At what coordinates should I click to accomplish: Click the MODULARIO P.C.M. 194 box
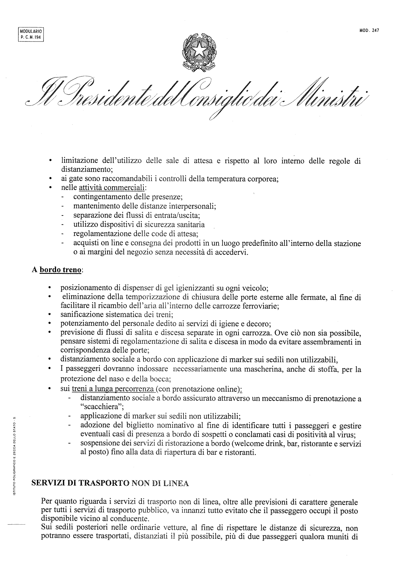(31, 34)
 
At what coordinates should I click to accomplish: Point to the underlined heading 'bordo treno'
(60, 270)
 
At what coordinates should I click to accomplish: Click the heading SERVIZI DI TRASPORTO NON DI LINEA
(110, 483)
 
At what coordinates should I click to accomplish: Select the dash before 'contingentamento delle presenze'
(62, 197)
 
